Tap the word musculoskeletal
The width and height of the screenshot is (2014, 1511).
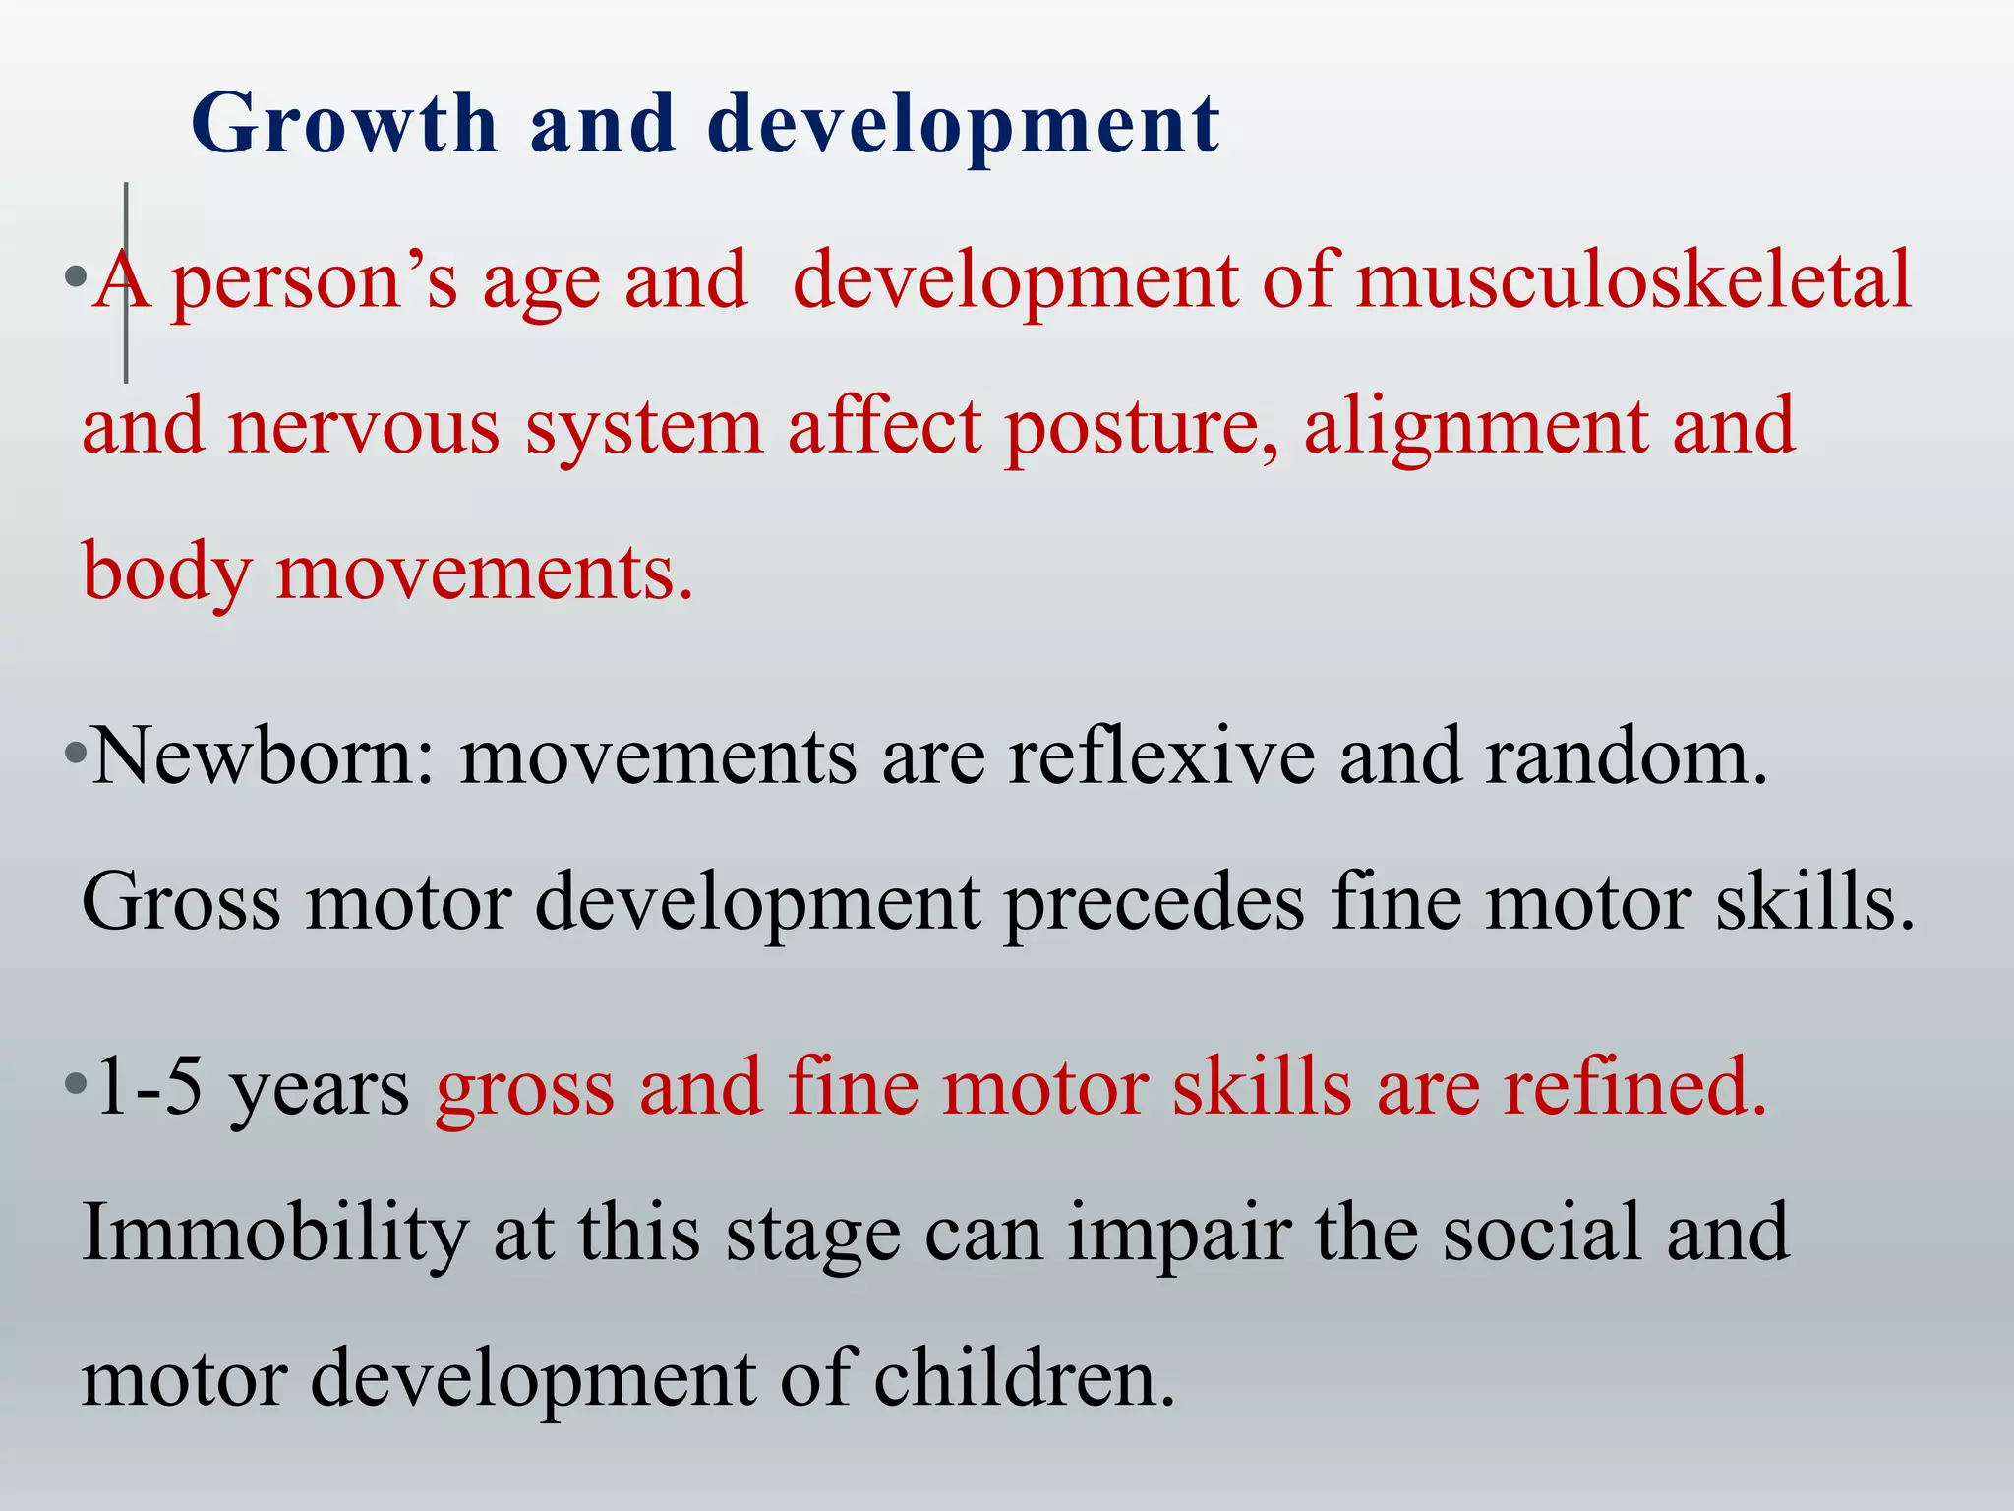pyautogui.click(x=1633, y=280)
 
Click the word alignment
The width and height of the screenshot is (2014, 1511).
pyautogui.click(x=1475, y=428)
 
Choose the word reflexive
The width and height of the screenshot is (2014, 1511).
pyautogui.click(x=1160, y=757)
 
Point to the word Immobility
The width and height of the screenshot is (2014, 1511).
pyautogui.click(x=275, y=1234)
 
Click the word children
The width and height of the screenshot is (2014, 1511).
pyautogui.click(x=1023, y=1379)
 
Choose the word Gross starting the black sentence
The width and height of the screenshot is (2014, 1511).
pyautogui.click(x=181, y=903)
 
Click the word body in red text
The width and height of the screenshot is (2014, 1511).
pyautogui.click(x=166, y=574)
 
